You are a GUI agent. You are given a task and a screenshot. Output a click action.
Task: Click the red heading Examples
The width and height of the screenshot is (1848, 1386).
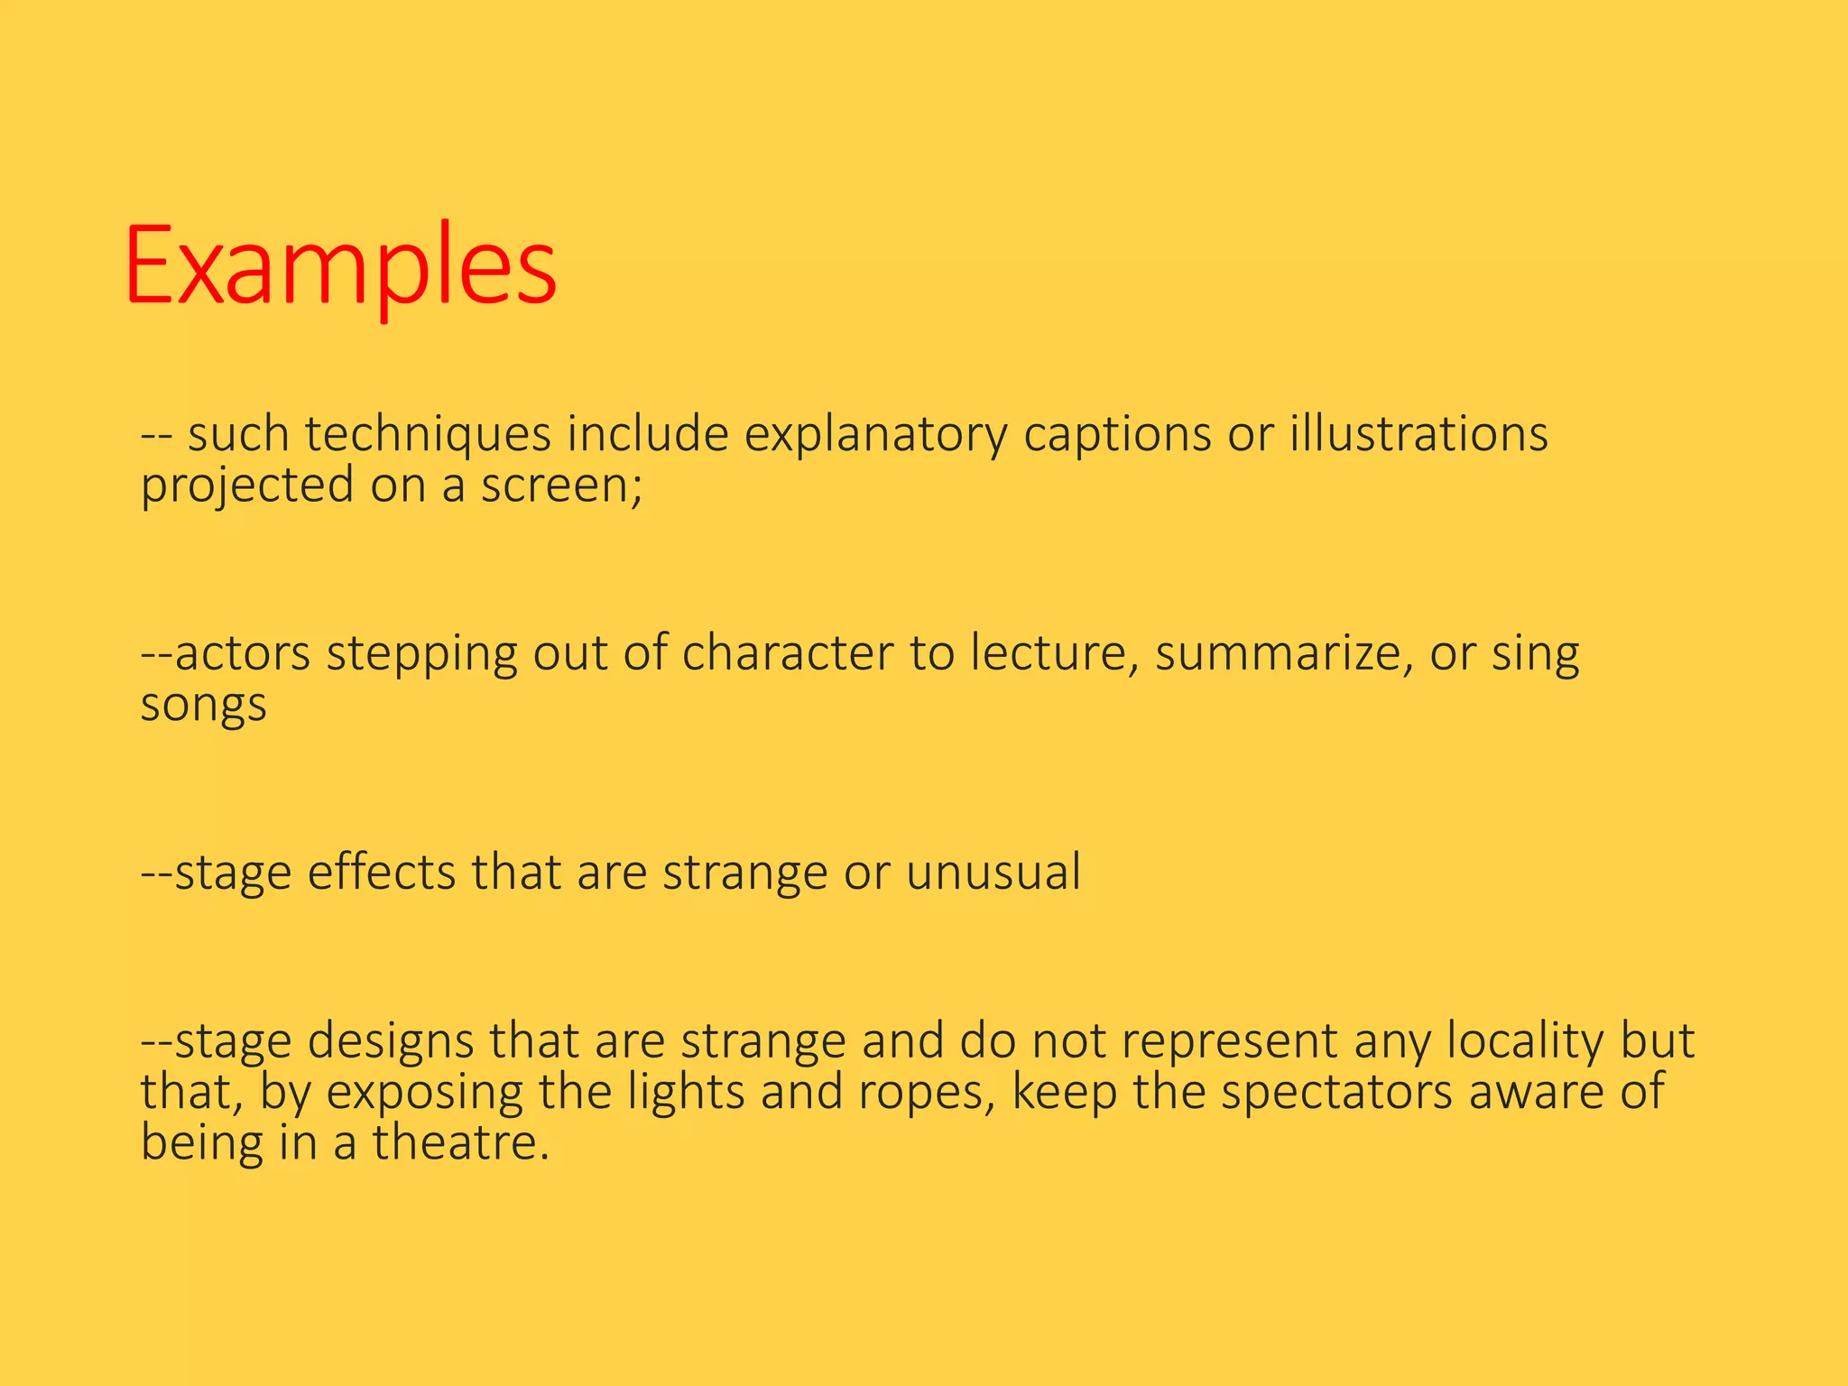tap(340, 268)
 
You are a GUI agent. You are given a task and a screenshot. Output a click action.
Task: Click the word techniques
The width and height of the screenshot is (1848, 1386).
tap(427, 435)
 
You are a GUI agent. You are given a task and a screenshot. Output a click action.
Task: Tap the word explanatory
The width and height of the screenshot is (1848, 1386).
tap(875, 435)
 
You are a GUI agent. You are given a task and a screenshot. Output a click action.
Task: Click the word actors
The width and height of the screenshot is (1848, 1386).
tap(242, 653)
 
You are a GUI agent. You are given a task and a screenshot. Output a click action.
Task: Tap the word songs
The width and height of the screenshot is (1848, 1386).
tap(203, 704)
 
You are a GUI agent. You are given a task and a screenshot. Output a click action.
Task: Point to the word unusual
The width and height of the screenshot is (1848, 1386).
tap(993, 873)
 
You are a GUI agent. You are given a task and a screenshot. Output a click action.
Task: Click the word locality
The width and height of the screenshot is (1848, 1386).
tap(1525, 1040)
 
